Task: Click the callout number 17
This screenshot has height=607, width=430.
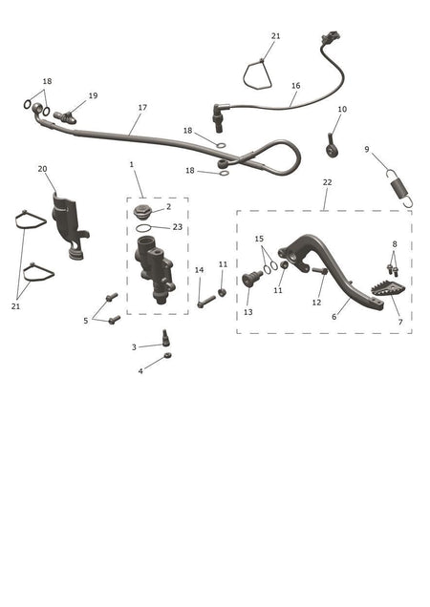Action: [x=142, y=107]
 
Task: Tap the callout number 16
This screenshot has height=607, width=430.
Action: [x=296, y=86]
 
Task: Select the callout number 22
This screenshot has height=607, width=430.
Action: [x=327, y=182]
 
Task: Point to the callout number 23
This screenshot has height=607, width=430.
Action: [x=177, y=227]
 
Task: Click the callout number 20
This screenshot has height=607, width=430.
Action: [x=43, y=169]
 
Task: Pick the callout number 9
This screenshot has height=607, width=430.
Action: [x=367, y=149]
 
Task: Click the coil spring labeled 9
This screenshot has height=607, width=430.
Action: [x=400, y=189]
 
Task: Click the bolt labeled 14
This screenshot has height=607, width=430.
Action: [x=206, y=302]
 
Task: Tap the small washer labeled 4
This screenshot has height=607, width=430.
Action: [x=168, y=355]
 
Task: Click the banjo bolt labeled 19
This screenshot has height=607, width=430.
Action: [x=65, y=117]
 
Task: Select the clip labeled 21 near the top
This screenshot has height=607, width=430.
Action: [x=258, y=74]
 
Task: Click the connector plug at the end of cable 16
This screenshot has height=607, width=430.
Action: [x=331, y=38]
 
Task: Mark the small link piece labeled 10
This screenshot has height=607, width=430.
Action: [x=332, y=146]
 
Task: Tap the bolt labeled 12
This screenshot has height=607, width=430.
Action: [x=319, y=271]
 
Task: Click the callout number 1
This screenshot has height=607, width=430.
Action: [x=132, y=164]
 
